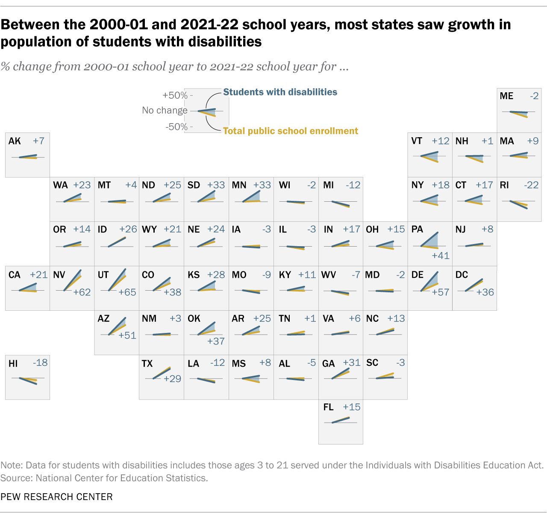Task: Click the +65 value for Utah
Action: [x=127, y=292]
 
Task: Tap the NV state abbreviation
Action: [x=59, y=274]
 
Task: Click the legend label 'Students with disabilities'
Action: [x=280, y=92]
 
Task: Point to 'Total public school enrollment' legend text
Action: [x=291, y=131]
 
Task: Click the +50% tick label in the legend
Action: [x=175, y=95]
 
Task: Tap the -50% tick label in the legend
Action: [x=177, y=127]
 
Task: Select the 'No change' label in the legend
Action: [x=165, y=110]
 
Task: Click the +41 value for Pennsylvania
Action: [x=441, y=256]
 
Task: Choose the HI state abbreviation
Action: [x=13, y=363]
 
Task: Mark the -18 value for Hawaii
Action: [x=40, y=363]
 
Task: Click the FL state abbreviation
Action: [x=328, y=407]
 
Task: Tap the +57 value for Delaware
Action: [x=441, y=292]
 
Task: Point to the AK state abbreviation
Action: [x=15, y=141]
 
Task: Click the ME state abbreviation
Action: [x=506, y=96]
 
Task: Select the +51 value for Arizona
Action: [x=127, y=336]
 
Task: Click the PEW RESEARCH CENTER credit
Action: [x=56, y=497]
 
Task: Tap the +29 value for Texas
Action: [x=172, y=379]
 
